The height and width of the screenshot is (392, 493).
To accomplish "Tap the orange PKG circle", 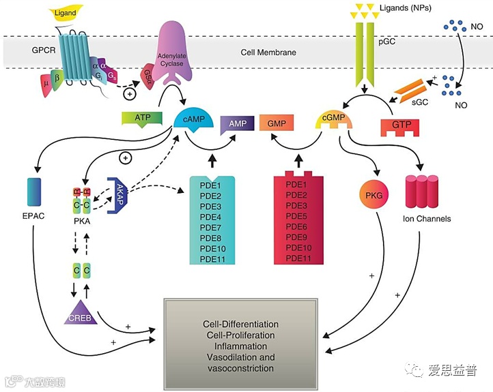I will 374,196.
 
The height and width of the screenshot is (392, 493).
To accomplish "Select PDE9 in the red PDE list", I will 297,238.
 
